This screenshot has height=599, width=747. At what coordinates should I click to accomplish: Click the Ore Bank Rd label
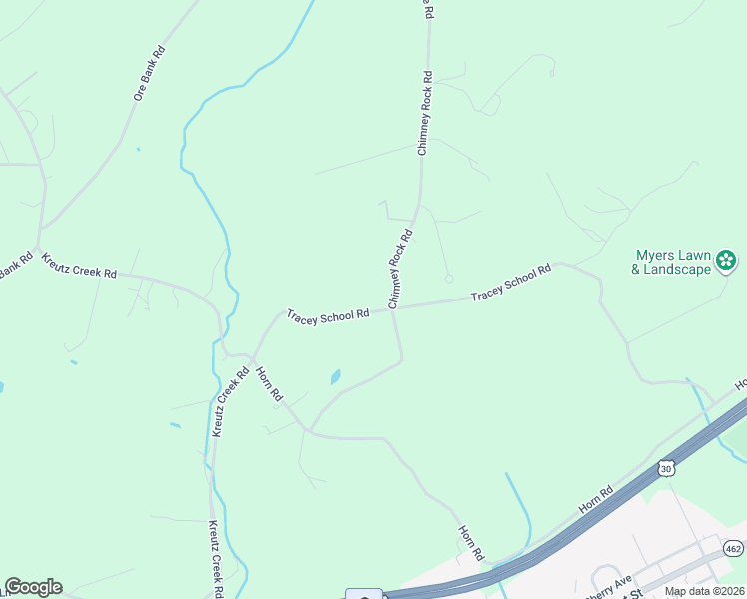point(149,73)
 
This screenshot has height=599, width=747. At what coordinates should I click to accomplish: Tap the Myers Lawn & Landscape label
point(671,262)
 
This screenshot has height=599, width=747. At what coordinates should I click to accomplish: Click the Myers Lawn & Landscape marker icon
point(727,262)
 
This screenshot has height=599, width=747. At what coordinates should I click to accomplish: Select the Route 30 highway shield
point(666,467)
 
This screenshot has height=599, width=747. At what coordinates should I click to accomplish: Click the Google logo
point(33,587)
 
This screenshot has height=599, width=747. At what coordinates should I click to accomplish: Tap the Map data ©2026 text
point(703,591)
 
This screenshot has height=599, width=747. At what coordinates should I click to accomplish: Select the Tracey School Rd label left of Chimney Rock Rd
point(328,314)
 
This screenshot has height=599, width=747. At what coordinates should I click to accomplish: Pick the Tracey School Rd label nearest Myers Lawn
point(511,283)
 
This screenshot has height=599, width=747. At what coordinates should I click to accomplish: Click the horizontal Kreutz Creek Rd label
point(79,265)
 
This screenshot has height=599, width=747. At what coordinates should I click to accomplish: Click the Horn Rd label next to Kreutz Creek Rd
point(269,385)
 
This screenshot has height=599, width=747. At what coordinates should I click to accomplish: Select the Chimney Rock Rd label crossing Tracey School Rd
point(401,269)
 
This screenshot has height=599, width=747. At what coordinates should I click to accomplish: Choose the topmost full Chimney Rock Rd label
point(424,112)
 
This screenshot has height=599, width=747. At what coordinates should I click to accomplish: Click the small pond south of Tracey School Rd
point(335,377)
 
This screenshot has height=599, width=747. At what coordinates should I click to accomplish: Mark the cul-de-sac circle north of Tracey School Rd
point(449,279)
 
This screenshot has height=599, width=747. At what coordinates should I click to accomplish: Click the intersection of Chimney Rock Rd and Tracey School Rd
point(395,307)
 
